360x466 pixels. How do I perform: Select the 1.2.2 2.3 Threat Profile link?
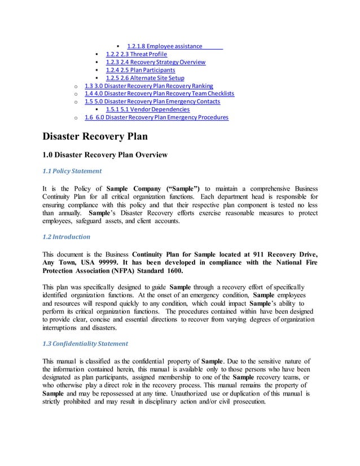tap(136, 54)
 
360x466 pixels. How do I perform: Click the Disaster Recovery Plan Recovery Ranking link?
tap(148, 86)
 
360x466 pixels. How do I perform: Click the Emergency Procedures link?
tap(156, 118)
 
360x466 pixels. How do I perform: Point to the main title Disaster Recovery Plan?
tap(95, 137)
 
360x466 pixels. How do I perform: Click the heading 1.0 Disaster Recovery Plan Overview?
tap(105, 154)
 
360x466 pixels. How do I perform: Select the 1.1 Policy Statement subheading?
tap(72, 171)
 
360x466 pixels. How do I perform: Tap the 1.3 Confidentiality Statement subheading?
tap(85, 343)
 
